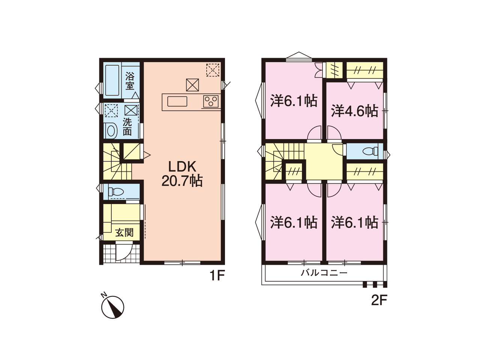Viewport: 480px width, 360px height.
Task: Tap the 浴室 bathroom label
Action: [130, 81]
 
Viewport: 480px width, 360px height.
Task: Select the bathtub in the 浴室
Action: [112, 80]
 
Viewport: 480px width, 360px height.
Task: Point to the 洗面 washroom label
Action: [127, 127]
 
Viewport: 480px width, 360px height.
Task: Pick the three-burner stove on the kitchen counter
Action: [211, 101]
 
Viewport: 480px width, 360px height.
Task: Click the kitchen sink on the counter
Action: [177, 101]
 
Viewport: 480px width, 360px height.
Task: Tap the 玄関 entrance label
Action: [124, 232]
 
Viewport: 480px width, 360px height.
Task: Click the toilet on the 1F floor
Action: [116, 192]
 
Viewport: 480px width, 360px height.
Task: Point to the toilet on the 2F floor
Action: [370, 151]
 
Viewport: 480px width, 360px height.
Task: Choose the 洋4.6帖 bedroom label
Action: [354, 111]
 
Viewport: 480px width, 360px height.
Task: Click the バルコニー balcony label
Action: [324, 273]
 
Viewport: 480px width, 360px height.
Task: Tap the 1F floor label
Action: [217, 276]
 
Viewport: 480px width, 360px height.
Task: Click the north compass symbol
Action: [112, 306]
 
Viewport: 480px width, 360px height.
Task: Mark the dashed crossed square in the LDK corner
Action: [213, 70]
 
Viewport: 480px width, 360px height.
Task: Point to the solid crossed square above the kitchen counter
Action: [192, 85]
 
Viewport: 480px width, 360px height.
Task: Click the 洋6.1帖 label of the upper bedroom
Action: [294, 101]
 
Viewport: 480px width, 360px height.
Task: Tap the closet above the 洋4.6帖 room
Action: [365, 70]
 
